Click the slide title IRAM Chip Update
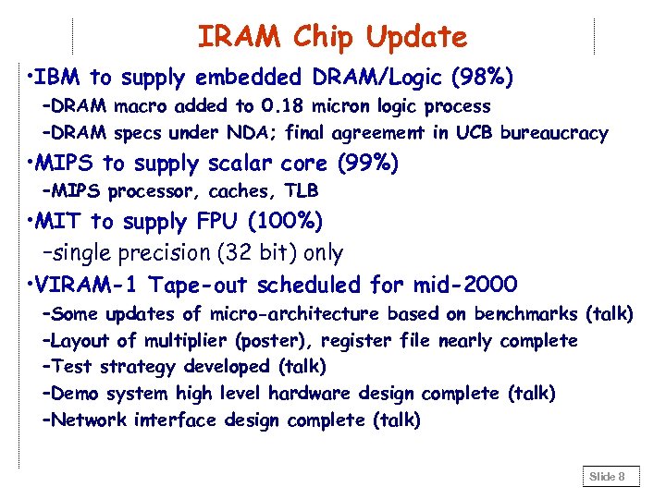332,37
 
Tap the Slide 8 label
608,477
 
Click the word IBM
59,76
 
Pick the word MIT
60,222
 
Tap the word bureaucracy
554,134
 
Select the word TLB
302,191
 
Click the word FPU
216,222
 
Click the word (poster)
253,341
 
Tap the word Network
90,420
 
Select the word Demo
75,394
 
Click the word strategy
137,367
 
